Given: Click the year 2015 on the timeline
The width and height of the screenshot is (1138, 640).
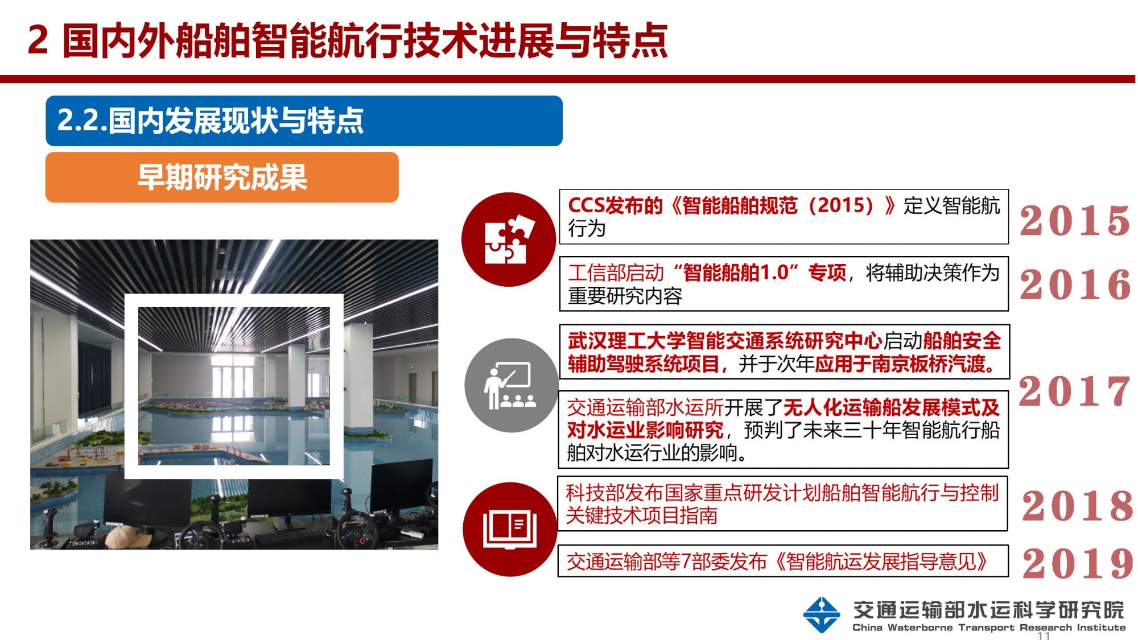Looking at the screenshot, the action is (x=1074, y=220).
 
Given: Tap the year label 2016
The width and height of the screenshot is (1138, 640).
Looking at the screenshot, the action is (x=1075, y=284).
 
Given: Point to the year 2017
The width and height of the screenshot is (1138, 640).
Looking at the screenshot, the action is (x=1074, y=391).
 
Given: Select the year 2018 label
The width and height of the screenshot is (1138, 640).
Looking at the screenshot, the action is (x=1077, y=505).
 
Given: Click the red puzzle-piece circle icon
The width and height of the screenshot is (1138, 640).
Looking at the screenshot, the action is (x=508, y=239).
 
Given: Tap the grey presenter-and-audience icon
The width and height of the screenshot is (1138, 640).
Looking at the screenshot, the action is (x=511, y=385).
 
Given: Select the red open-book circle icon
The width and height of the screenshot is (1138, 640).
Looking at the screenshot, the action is (x=510, y=529).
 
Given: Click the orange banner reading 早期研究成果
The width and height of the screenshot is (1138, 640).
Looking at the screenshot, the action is (x=222, y=177).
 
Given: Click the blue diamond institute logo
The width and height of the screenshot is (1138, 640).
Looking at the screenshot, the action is (x=821, y=614).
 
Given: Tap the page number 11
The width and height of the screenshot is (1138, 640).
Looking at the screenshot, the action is (x=1044, y=635).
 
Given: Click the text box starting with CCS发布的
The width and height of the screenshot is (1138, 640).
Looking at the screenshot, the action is (x=784, y=217).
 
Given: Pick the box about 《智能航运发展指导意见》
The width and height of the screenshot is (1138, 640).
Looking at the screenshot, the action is (x=783, y=561).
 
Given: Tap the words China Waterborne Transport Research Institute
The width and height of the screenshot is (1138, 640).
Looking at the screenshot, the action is (x=988, y=627).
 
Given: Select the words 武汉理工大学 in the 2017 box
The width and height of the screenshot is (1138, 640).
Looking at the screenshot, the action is (x=626, y=341).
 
